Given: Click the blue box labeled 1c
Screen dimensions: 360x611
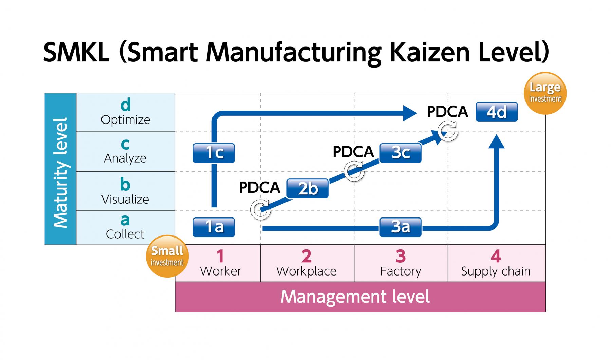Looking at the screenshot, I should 214,153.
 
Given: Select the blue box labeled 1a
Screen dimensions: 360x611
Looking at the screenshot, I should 214,227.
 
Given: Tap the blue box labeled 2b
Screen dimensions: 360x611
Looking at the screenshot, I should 307,189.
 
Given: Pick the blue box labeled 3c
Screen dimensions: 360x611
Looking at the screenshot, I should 400,153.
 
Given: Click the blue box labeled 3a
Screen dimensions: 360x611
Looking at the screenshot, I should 400,227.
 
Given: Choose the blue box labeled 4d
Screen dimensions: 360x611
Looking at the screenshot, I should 496,112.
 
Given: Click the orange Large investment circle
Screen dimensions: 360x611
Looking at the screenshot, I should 545,93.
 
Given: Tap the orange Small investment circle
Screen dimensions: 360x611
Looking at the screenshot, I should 167,256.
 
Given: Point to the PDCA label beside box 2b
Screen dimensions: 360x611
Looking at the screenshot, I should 259,188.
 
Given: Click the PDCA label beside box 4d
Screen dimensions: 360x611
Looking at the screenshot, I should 447,112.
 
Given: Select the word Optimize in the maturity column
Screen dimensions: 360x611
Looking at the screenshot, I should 125,120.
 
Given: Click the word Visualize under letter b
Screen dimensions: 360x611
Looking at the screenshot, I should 125,199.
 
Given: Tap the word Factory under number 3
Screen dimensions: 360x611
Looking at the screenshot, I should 400,271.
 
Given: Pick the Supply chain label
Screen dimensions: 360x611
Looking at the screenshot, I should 496,271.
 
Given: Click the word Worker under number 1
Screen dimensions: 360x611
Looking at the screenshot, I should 220,271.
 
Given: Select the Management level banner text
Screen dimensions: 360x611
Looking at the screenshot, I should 355,297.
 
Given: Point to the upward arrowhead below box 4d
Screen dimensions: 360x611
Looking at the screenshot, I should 496,142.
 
